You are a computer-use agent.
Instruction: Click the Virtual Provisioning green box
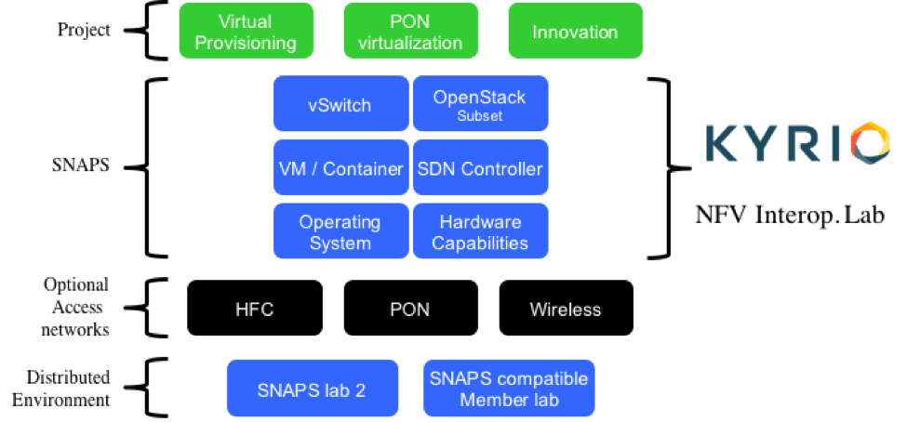click(x=245, y=33)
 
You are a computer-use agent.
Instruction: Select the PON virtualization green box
click(x=411, y=33)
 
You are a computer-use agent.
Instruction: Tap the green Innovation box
click(x=575, y=33)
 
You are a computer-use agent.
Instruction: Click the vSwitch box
click(x=340, y=105)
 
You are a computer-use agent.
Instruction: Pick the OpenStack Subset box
click(x=480, y=105)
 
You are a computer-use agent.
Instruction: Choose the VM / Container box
click(x=340, y=169)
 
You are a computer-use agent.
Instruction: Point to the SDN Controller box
click(x=480, y=169)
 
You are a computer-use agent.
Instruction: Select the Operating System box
click(x=340, y=232)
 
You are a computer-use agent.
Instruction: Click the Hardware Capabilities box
click(x=480, y=232)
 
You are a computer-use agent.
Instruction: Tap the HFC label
click(x=254, y=310)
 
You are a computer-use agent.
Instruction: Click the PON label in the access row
click(x=409, y=310)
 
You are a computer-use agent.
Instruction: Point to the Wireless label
click(x=565, y=310)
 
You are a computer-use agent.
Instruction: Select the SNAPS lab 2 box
click(x=312, y=389)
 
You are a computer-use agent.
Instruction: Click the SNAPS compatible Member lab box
click(x=509, y=389)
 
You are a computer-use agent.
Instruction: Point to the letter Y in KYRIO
click(x=761, y=142)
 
